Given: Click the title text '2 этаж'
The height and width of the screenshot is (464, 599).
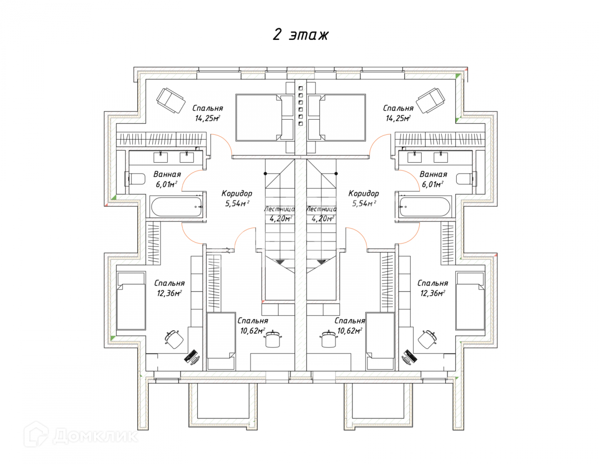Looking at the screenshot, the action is coord(300,35).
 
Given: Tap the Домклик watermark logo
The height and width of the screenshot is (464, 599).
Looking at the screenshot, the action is coord(80,436).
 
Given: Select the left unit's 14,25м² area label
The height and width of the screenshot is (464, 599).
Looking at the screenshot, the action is coord(208,118).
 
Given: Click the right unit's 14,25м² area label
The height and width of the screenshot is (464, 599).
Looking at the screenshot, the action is coord(398,118).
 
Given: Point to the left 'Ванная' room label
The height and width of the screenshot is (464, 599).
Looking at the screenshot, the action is coord(167,175).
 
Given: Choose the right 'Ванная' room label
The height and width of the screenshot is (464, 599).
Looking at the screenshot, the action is coord(433,175).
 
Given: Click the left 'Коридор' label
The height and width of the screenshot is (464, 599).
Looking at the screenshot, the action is coord(237,194).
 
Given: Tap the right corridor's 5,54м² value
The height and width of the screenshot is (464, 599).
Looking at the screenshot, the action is coord(363,203).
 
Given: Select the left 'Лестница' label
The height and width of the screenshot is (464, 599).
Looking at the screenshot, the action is coord(279,210).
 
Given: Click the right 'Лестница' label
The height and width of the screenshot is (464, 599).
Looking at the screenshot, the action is coord(320,210).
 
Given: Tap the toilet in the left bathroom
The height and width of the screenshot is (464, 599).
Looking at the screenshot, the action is coord(135,178).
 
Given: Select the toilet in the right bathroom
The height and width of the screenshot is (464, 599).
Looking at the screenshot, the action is coord(465,178).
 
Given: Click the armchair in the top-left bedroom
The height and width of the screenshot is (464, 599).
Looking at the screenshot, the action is coord(171,100).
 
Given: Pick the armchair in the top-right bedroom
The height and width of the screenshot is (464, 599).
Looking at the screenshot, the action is coord(430,100).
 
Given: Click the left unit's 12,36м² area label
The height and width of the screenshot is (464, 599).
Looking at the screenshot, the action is coord(169,293).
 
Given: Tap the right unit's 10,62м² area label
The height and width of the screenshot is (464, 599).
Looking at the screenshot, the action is coord(349,330).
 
